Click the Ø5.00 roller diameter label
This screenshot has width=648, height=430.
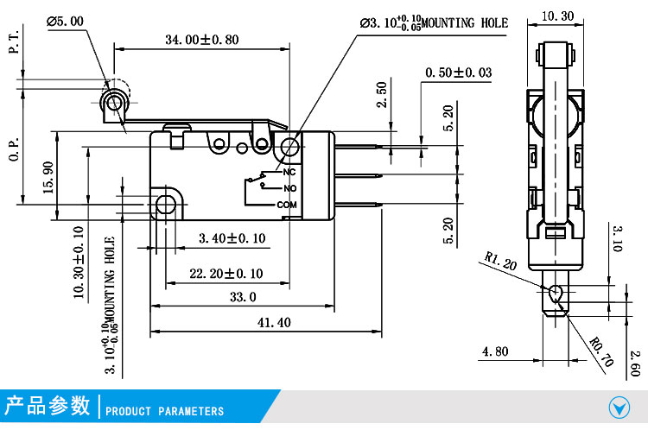click(66, 21)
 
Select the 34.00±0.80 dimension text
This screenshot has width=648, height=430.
click(202, 39)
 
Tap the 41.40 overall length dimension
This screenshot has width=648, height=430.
click(273, 322)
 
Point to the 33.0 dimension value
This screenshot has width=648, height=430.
click(242, 297)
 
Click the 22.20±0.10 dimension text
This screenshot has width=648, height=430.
click(226, 274)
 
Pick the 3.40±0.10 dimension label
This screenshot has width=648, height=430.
click(232, 238)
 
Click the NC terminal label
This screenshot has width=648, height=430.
click(289, 172)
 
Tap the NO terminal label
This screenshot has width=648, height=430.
click(289, 188)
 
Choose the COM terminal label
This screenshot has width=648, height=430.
click(287, 205)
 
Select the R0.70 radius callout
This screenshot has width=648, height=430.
click(601, 353)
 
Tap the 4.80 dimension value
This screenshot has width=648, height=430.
click(495, 351)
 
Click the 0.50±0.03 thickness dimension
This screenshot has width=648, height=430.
click(458, 73)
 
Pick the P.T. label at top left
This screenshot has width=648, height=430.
click(13, 40)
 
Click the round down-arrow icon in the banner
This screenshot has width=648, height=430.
click(619, 406)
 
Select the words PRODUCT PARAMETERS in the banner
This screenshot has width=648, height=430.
click(164, 411)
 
